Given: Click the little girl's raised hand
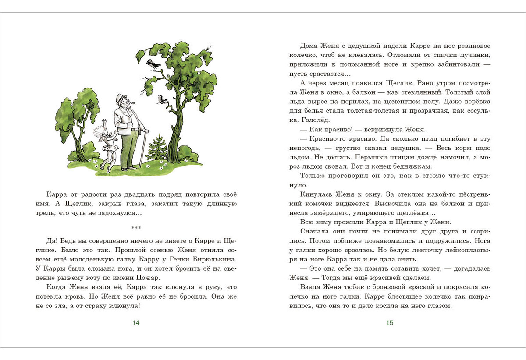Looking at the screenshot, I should point(103,121).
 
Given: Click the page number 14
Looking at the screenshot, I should point(136,323).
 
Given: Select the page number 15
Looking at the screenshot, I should point(390,323).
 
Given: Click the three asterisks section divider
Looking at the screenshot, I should point(136,228).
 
